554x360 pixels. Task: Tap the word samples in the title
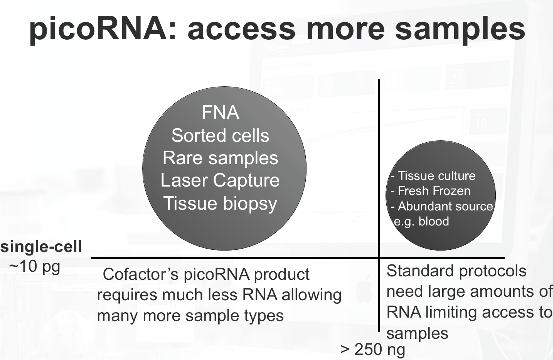point(460,29)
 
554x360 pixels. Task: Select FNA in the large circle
point(220,113)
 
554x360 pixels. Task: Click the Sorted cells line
point(220,136)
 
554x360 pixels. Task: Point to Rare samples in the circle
point(220,158)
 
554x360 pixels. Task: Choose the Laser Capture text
point(220,180)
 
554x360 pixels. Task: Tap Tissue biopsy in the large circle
point(220,203)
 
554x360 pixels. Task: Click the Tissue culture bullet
point(433,176)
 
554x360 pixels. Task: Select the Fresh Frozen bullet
point(431,191)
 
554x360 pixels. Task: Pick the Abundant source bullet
point(442,206)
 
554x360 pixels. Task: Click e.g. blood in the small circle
point(421,221)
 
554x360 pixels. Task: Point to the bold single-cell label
point(41,247)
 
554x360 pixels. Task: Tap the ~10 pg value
point(35,266)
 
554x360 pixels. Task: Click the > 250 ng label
point(373,350)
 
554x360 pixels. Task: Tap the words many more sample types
point(190,316)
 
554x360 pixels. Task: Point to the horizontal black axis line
point(231,257)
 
